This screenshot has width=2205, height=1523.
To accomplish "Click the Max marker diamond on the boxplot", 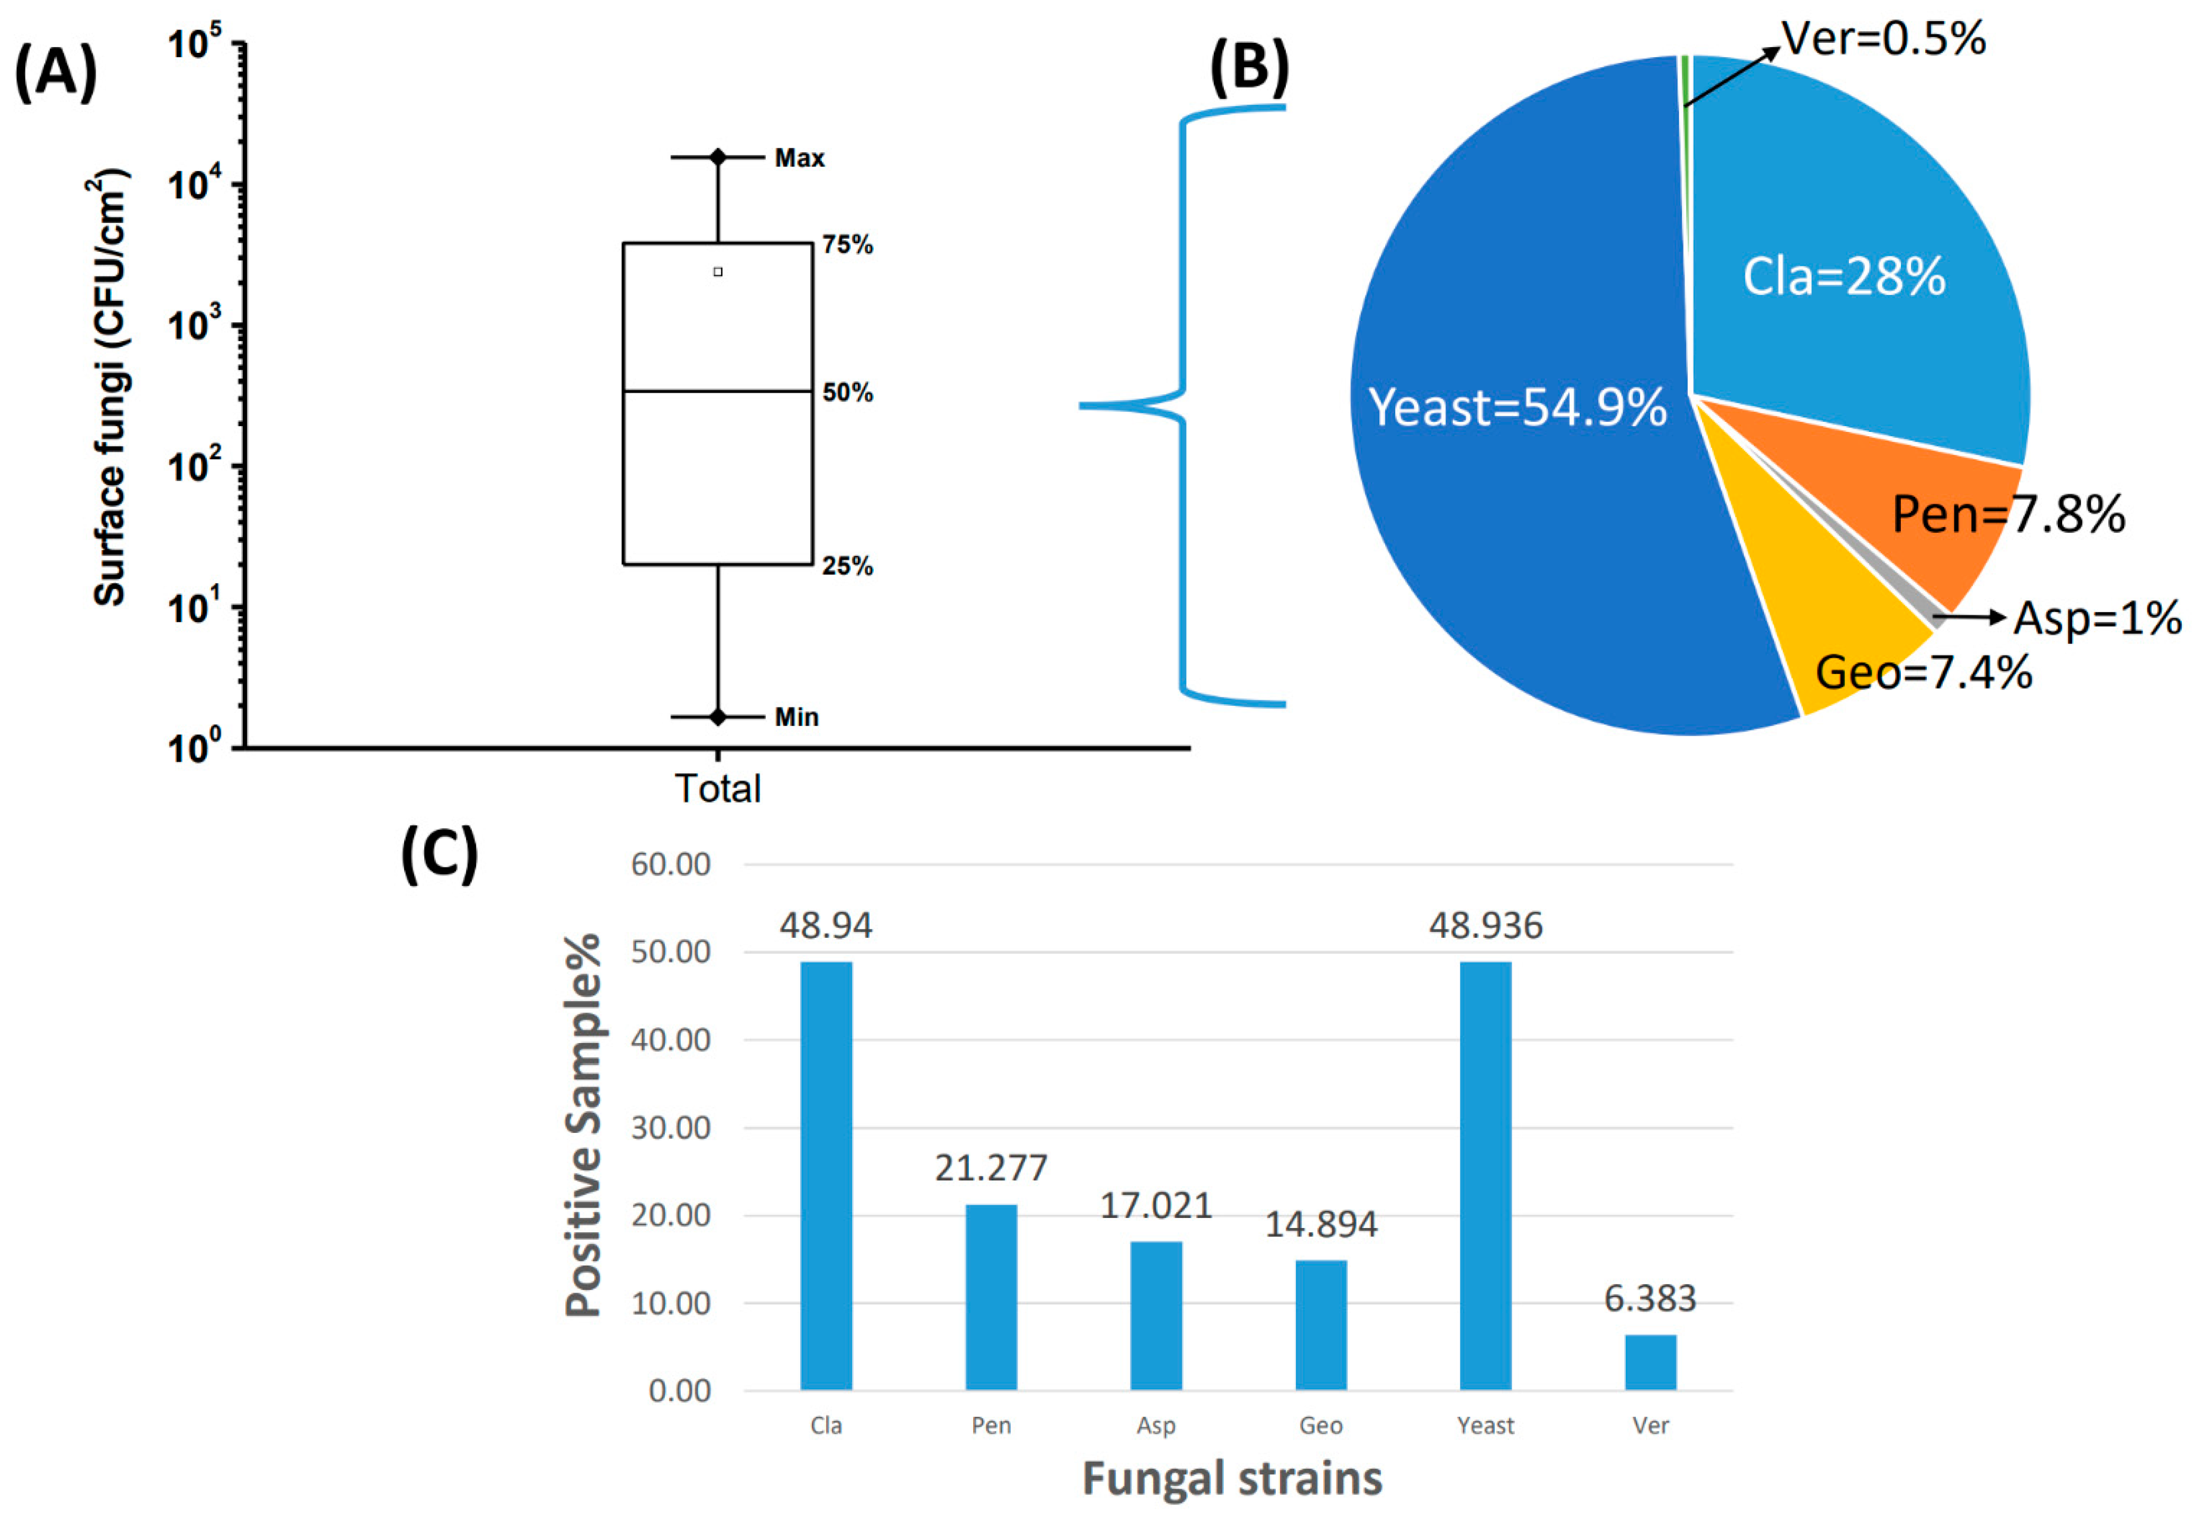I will pyautogui.click(x=718, y=156).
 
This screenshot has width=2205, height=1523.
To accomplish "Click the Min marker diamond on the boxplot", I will pyautogui.click(x=718, y=717).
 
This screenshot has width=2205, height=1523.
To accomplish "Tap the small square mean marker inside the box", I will pyautogui.click(x=718, y=272).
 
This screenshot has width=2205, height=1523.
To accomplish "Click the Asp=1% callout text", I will pyautogui.click(x=2097, y=619).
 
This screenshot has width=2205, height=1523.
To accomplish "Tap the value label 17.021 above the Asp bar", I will pyautogui.click(x=1156, y=1206).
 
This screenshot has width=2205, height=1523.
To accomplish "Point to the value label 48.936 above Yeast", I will pyautogui.click(x=1485, y=926).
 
